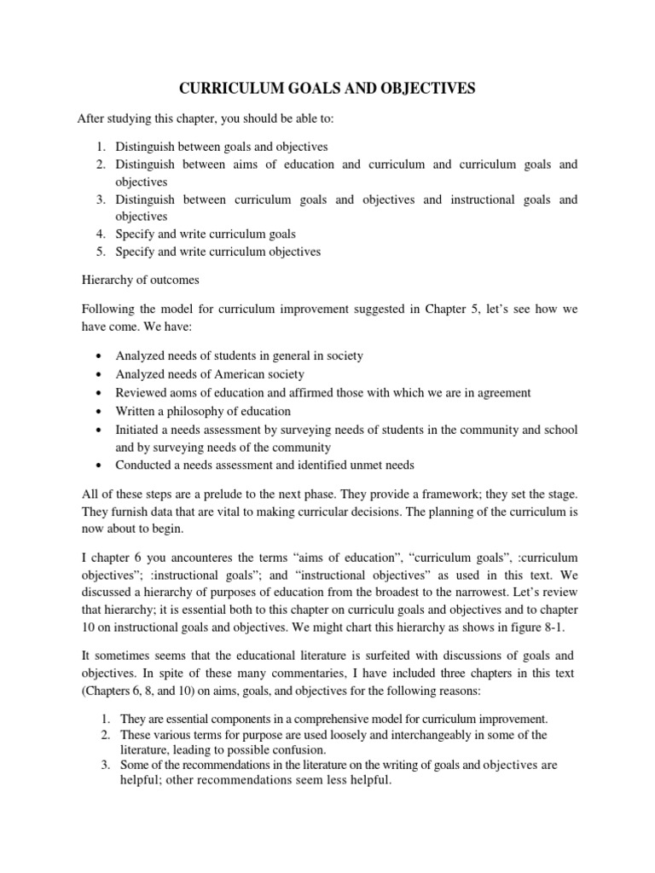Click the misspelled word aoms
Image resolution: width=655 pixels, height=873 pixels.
click(192, 392)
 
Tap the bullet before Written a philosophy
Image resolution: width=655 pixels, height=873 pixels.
click(101, 411)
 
